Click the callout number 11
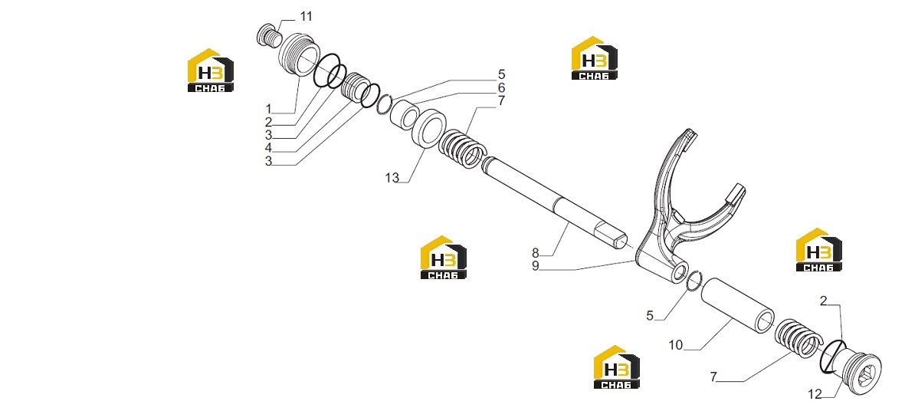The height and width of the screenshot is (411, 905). click(306, 17)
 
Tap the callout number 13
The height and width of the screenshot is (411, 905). click(392, 179)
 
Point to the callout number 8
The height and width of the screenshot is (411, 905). click(535, 253)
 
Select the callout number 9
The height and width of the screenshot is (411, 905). click(535, 266)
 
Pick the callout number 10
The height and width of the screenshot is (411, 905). click(675, 345)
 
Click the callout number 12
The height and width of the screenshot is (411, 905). click(815, 394)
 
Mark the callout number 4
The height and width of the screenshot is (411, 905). click(268, 148)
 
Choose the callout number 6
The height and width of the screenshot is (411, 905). click(501, 87)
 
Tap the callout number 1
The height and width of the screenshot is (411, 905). click(268, 109)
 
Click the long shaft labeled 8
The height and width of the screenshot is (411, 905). click(554, 204)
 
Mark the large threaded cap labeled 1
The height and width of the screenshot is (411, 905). click(298, 53)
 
